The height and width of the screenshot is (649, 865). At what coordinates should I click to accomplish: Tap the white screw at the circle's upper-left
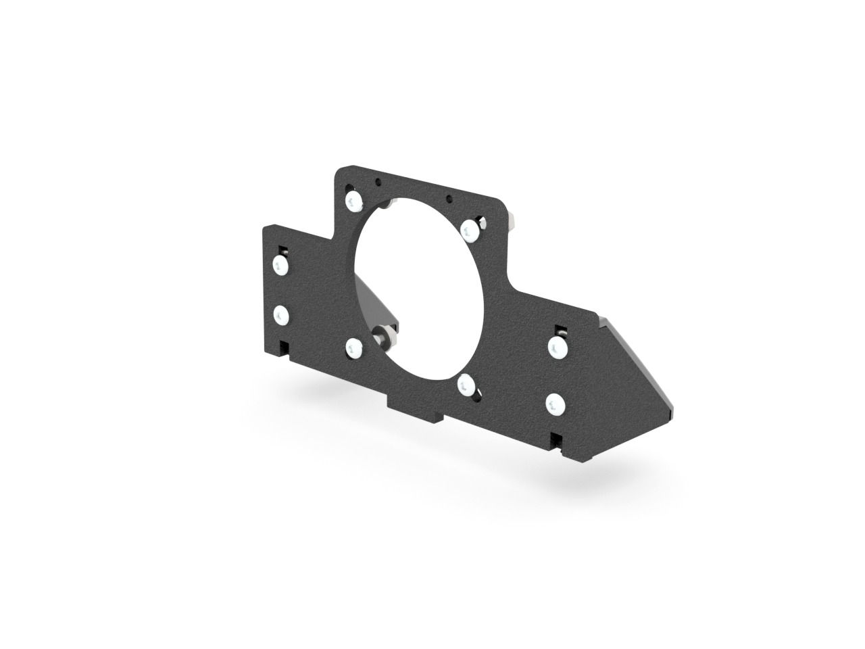(x=353, y=200)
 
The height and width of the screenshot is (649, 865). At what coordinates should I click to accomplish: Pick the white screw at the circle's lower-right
(x=466, y=386)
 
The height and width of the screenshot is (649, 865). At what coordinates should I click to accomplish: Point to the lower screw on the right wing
(x=554, y=404)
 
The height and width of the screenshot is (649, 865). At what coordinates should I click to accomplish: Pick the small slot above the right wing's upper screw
(x=560, y=329)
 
